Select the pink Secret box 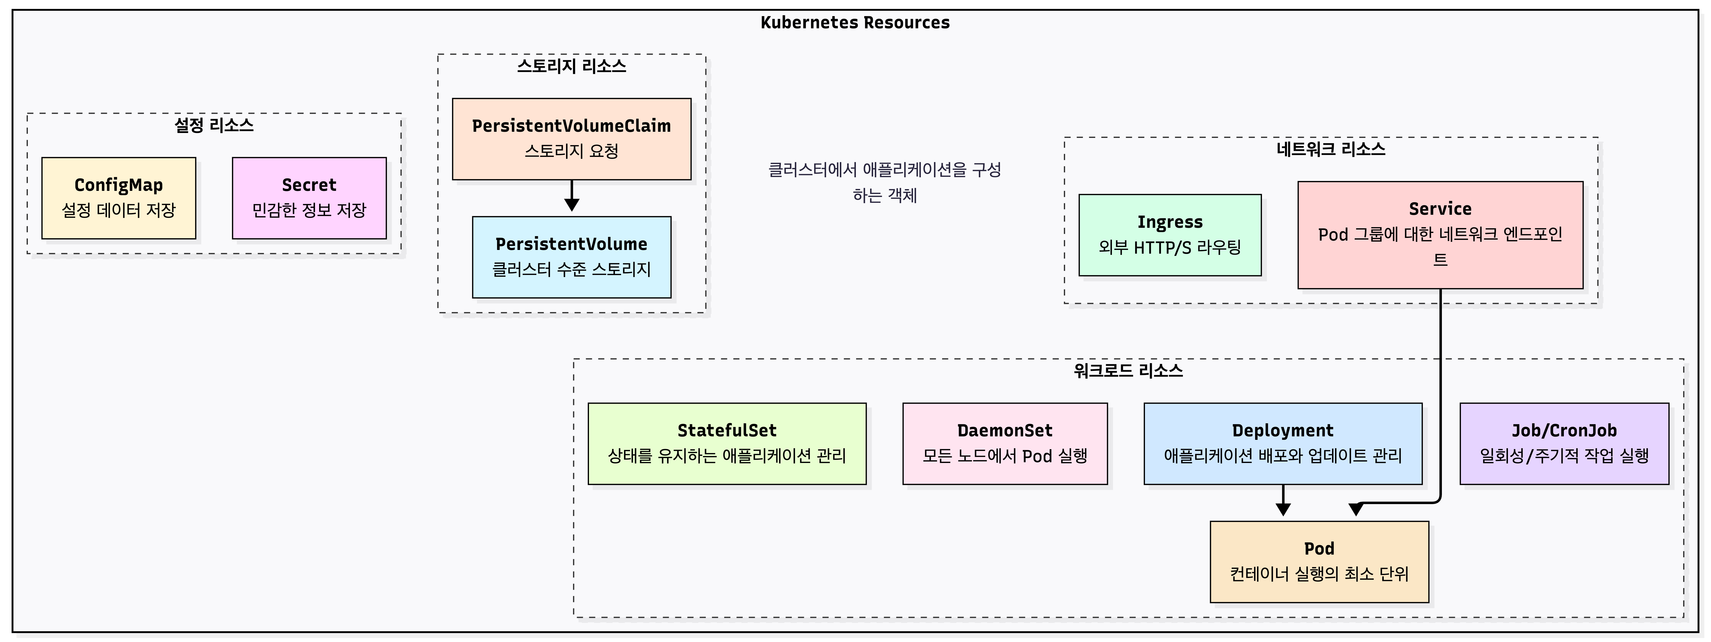point(309,198)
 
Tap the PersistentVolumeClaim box point(571,139)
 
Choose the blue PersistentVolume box point(571,257)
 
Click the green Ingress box point(1170,235)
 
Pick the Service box point(1440,234)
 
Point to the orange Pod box point(1319,562)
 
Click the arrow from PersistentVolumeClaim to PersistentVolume point(571,196)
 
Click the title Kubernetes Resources point(855,23)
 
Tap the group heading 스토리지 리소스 point(571,66)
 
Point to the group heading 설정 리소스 point(214,125)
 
